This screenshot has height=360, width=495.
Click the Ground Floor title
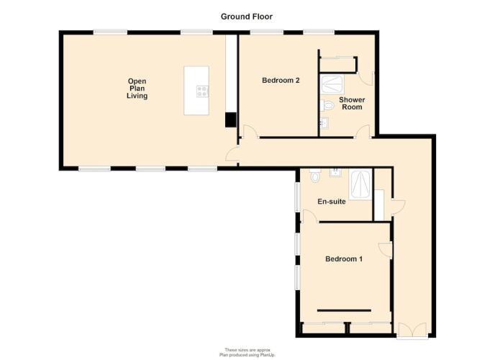coord(247,17)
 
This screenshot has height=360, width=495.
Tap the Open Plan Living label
coord(137,89)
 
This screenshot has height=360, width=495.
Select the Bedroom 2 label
coord(281,80)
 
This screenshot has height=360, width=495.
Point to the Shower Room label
coord(352,103)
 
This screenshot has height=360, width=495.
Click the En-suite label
coord(332,202)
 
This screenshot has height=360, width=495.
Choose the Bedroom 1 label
coord(344,259)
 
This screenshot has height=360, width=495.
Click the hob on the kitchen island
coord(202,91)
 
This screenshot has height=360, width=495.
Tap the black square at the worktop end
coord(230,120)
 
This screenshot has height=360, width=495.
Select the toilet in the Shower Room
coord(327,105)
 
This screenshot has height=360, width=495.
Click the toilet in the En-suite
coord(314,176)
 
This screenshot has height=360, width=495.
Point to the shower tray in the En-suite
coord(360,184)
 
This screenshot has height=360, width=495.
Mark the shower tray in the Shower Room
coord(332,84)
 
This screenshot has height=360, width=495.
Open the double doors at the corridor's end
coord(412,330)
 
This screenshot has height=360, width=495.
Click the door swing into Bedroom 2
coord(250,131)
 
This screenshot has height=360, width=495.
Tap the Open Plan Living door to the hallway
coord(232,154)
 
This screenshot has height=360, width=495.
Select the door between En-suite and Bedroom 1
coord(311,216)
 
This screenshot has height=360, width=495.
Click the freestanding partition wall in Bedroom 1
coord(344,310)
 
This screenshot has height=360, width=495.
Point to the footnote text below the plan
coord(247,352)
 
